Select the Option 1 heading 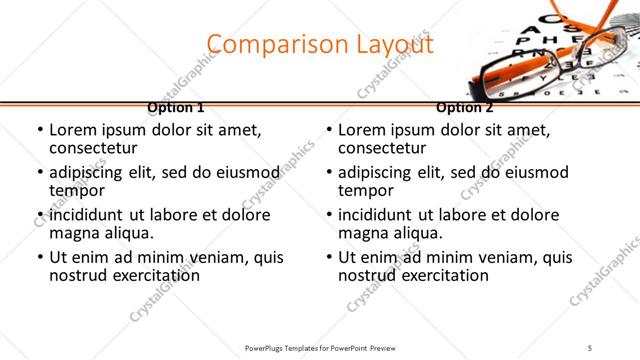coord(176,108)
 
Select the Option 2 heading coord(465,108)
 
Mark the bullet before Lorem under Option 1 coord(39,131)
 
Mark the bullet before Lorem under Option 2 coord(328,131)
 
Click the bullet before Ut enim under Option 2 coord(328,257)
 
